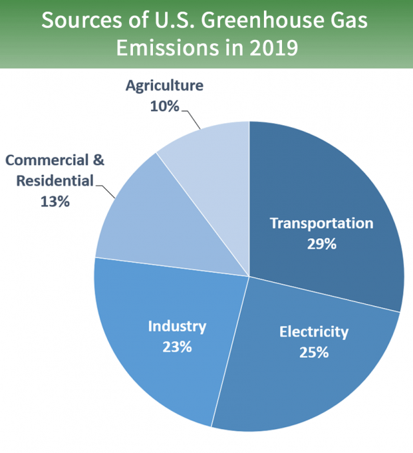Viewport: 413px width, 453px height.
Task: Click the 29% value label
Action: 321,245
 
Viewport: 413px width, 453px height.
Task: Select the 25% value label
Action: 314,353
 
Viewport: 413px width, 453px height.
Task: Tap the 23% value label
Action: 177,347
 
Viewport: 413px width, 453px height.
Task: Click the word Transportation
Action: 321,223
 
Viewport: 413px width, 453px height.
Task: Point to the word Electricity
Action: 314,332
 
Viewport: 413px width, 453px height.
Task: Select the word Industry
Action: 177,327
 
